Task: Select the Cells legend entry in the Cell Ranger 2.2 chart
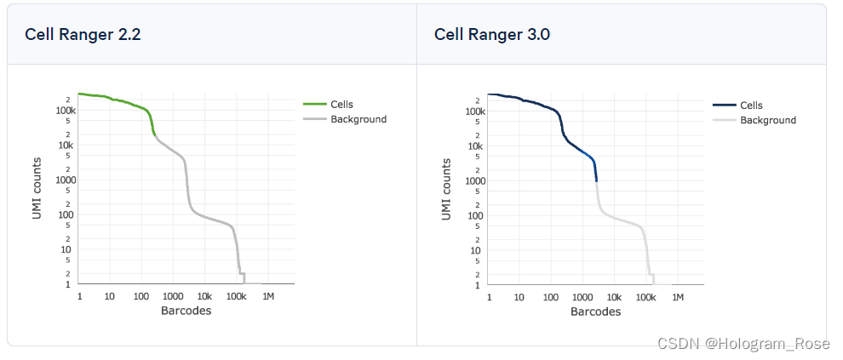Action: pos(341,105)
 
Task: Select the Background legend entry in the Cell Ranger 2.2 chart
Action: pos(358,119)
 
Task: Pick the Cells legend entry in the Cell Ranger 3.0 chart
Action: pos(751,106)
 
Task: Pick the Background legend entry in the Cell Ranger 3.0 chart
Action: pos(768,120)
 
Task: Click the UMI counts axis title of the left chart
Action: pos(37,189)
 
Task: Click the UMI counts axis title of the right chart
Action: pos(447,190)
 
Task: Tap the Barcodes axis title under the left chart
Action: pos(186,311)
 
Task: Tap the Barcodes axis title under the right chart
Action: pos(595,311)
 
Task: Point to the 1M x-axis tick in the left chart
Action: pos(267,296)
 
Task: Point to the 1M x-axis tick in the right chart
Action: pos(677,297)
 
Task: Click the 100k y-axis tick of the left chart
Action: pos(66,111)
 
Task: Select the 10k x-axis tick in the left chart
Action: pos(204,296)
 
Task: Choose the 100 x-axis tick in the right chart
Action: pos(551,297)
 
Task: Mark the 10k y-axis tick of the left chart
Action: pos(67,146)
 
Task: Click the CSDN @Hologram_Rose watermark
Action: pos(743,343)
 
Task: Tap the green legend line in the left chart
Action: pos(315,105)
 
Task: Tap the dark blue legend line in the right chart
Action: pos(725,106)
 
